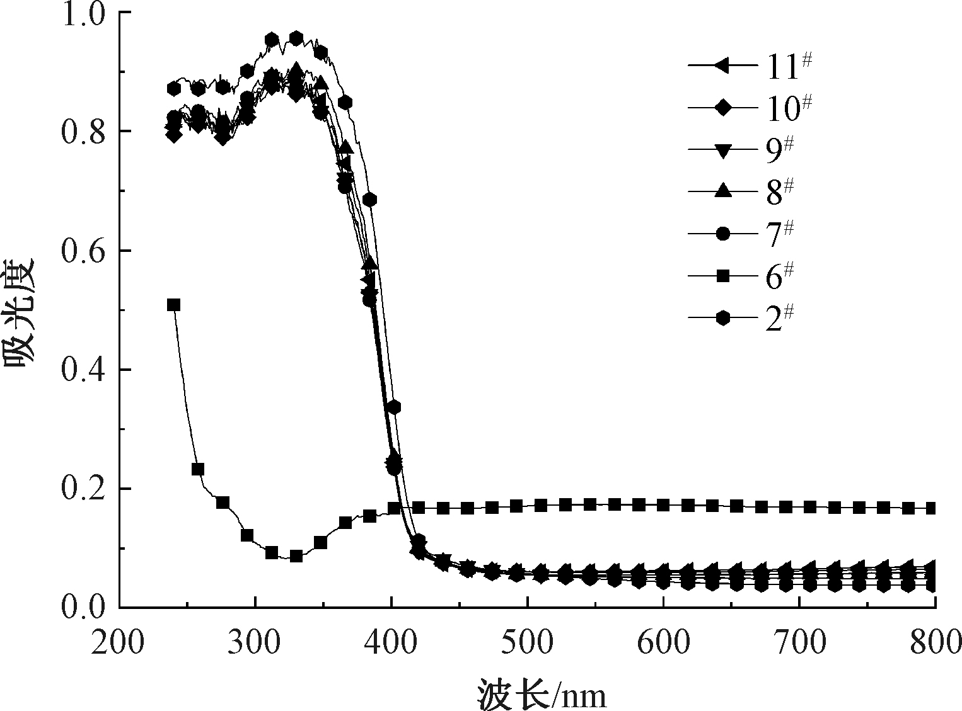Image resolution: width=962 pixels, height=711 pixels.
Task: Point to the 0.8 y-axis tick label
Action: [86, 132]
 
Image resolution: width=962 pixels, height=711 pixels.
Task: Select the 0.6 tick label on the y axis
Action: [86, 251]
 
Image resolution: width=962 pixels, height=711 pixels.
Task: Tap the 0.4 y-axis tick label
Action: [86, 370]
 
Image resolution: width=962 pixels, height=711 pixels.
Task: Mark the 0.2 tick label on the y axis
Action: [86, 489]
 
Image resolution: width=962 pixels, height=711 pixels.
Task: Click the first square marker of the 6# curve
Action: [173, 305]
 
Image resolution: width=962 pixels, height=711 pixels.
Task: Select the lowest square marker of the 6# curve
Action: [296, 556]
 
